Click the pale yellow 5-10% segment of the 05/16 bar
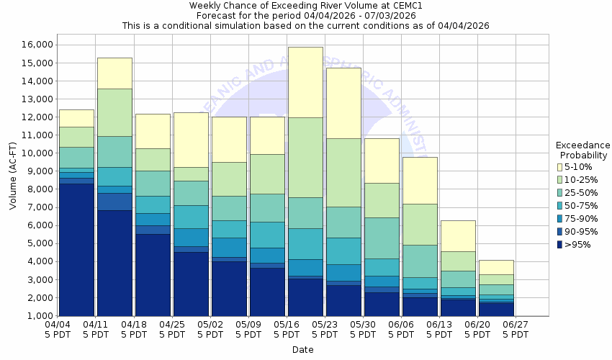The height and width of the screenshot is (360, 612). (305, 82)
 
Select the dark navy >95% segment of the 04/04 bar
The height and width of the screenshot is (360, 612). (76, 249)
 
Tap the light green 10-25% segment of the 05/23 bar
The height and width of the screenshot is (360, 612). (343, 172)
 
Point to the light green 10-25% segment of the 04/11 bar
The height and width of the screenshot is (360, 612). (114, 112)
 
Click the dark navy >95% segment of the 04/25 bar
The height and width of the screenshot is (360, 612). (191, 284)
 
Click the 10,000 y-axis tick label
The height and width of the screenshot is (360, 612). (35, 153)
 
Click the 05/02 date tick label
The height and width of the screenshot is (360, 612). (210, 329)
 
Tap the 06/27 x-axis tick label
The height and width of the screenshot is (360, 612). (516, 329)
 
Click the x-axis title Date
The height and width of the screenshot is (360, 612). (302, 350)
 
